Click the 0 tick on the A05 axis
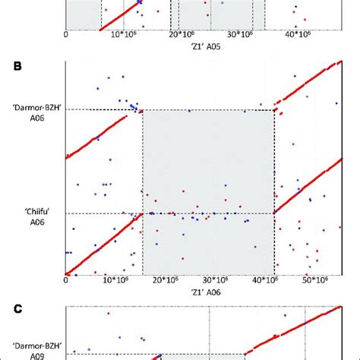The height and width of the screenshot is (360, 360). (x=67, y=36)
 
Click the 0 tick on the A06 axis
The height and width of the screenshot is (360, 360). (x=67, y=280)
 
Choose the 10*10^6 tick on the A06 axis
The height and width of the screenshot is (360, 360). (x=114, y=280)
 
